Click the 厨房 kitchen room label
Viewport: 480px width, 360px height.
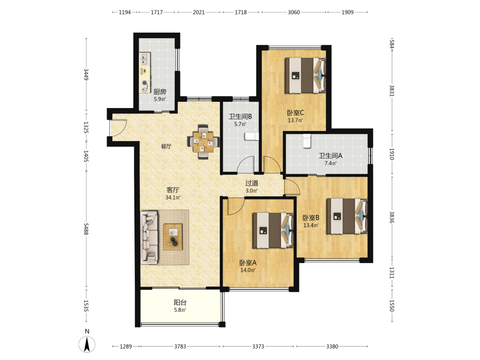(x=160, y=92)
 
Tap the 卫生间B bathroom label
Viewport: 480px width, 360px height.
(x=240, y=116)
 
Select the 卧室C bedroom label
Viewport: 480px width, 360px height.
(x=295, y=112)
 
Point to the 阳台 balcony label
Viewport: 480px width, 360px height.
(x=180, y=302)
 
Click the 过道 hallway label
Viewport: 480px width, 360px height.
(x=252, y=183)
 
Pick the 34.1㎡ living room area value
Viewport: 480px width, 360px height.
(x=173, y=197)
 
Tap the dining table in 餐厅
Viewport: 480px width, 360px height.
(x=203, y=142)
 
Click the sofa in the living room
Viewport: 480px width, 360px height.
(x=149, y=237)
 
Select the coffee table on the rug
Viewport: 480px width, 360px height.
(x=173, y=237)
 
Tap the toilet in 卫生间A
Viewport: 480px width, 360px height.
(x=307, y=141)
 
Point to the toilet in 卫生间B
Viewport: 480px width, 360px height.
(x=252, y=136)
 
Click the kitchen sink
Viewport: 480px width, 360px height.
(x=144, y=60)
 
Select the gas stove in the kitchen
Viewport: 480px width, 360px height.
(x=145, y=86)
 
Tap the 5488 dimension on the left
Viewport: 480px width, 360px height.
(x=86, y=229)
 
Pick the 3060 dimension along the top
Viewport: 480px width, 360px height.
(x=294, y=12)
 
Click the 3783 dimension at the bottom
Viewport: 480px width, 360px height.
(x=180, y=346)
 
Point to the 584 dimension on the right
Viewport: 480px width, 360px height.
(x=392, y=44)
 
